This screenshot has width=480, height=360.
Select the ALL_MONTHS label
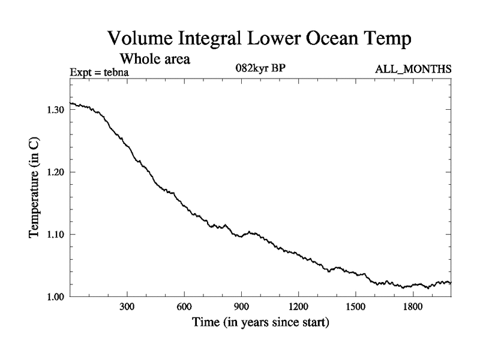pyautogui.click(x=413, y=70)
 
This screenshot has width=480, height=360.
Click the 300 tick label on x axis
pyautogui.click(x=127, y=307)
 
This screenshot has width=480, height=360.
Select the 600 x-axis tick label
pyautogui.click(x=184, y=307)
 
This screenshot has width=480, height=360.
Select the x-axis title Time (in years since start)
pyautogui.click(x=260, y=323)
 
